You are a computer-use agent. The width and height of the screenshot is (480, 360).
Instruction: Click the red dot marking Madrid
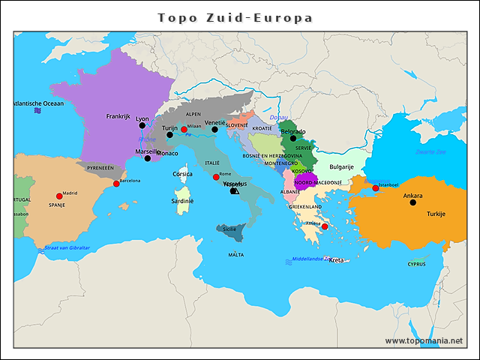(59, 196)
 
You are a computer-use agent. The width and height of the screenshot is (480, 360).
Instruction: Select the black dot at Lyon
(142, 126)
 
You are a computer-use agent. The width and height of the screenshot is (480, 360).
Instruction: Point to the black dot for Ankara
(412, 202)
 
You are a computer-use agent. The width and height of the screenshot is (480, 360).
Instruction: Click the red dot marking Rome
(216, 177)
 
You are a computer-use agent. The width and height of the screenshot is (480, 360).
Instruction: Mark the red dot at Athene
(325, 226)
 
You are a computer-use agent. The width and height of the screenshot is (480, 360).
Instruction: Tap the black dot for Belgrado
(293, 138)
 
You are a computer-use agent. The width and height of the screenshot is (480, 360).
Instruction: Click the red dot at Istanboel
(376, 187)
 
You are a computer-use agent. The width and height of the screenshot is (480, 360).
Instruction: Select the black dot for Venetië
(214, 130)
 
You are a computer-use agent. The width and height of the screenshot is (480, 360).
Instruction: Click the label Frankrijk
(118, 116)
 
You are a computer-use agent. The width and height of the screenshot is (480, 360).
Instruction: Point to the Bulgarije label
(341, 167)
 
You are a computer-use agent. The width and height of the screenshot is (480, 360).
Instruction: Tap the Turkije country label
(436, 214)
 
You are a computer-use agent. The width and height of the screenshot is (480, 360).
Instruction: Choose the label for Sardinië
(182, 201)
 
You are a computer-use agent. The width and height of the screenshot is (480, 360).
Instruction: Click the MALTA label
(235, 255)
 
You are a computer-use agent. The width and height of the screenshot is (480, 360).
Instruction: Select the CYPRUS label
(416, 263)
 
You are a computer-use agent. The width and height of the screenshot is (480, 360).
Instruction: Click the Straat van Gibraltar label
(67, 247)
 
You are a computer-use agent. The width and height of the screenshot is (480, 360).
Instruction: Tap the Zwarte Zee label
(430, 151)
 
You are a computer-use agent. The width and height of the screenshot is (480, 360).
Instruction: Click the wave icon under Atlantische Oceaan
(37, 111)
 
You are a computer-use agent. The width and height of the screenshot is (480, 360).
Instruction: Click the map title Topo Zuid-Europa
(235, 17)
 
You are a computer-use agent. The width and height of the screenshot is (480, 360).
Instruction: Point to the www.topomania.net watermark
(423, 340)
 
